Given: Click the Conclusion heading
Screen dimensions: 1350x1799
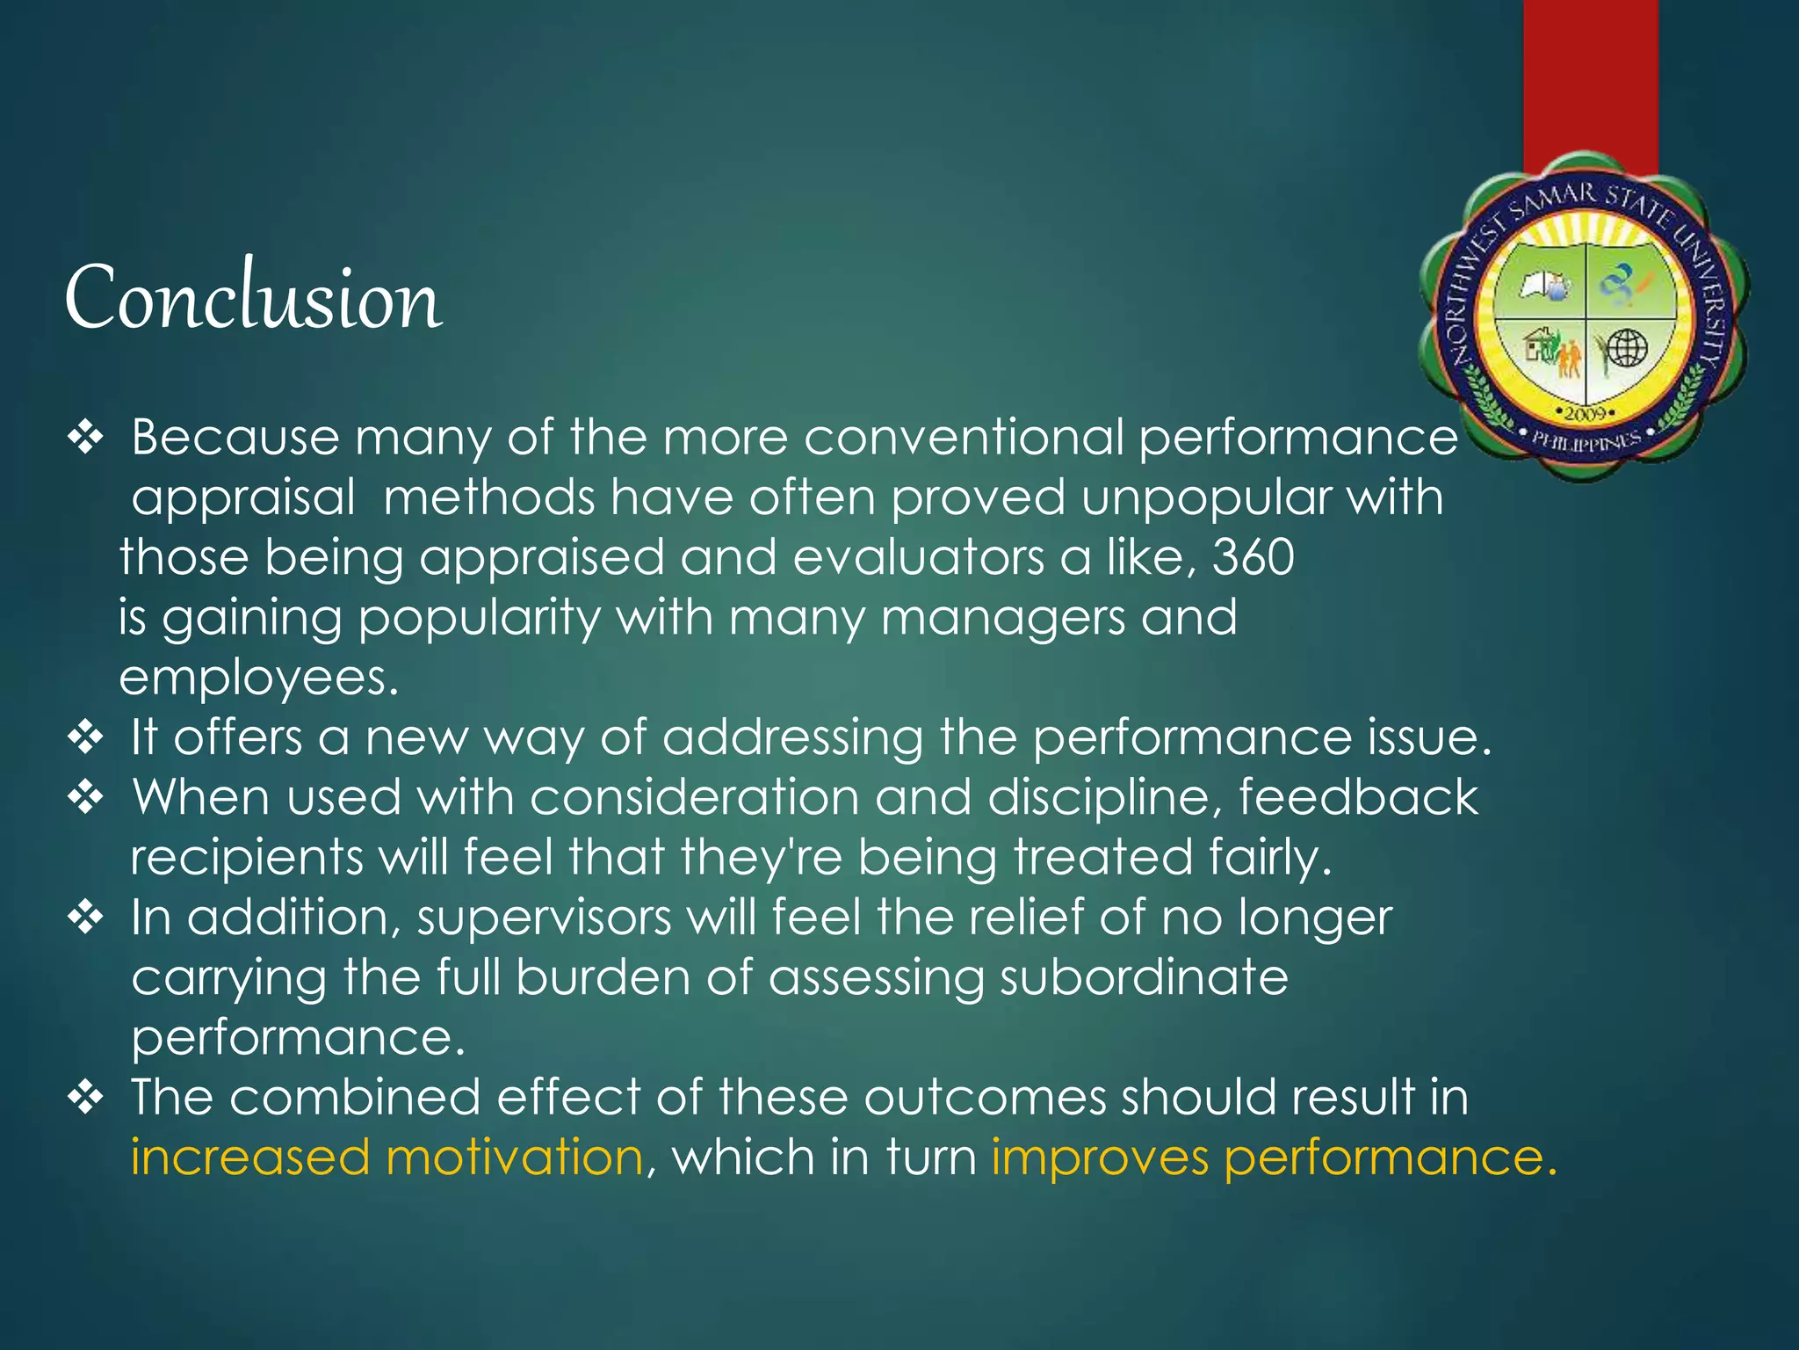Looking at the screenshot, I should tap(253, 299).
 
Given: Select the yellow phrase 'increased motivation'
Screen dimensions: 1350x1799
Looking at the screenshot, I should tap(387, 1158).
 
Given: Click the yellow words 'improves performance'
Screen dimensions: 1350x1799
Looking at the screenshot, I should tap(1273, 1158).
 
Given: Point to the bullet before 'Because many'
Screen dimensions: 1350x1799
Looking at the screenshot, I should tap(86, 437).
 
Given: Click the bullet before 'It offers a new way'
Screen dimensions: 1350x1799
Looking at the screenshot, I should tap(86, 737).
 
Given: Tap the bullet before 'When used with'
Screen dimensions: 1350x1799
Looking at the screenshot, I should tap(86, 797).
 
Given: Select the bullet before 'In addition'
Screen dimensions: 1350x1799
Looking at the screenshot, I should tap(86, 918).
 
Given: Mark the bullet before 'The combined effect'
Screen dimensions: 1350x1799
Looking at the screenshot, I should tap(86, 1098).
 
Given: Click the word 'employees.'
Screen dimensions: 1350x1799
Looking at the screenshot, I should tap(259, 679).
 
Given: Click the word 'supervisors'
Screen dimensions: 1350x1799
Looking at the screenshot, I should tap(544, 918).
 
